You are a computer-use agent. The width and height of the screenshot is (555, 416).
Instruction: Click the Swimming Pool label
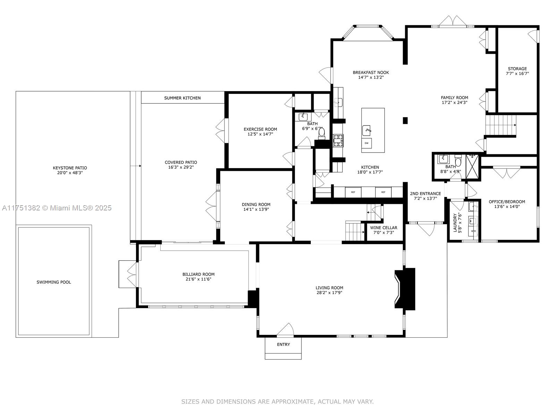pyautogui.click(x=54, y=282)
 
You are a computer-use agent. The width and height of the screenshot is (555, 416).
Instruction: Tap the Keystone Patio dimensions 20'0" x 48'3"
pyautogui.click(x=70, y=173)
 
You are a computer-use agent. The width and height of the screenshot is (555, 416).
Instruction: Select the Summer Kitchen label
pyautogui.click(x=182, y=98)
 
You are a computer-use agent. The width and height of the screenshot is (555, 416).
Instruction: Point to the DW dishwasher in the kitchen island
pyautogui.click(x=366, y=143)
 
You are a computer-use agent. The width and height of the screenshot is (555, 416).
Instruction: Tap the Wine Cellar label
pyautogui.click(x=384, y=228)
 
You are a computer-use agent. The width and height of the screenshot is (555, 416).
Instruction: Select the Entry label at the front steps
pyautogui.click(x=283, y=344)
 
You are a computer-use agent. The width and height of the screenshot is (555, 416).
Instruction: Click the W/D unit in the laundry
pyautogui.click(x=473, y=231)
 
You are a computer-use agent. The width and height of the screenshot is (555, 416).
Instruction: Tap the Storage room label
pyautogui.click(x=517, y=69)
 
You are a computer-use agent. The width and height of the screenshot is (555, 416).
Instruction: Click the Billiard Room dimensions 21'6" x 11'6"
pyautogui.click(x=198, y=279)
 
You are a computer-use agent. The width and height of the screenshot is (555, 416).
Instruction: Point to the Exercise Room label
pyautogui.click(x=260, y=129)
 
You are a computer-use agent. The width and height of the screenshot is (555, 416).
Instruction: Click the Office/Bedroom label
pyautogui.click(x=507, y=202)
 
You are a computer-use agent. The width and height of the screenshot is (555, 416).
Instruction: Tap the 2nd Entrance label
pyautogui.click(x=425, y=194)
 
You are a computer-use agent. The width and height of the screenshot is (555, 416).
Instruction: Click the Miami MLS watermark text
pyautogui.click(x=57, y=208)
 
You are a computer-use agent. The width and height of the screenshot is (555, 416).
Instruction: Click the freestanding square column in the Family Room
pyautogui.click(x=405, y=120)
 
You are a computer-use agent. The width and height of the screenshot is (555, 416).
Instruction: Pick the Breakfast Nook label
pyautogui.click(x=371, y=72)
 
